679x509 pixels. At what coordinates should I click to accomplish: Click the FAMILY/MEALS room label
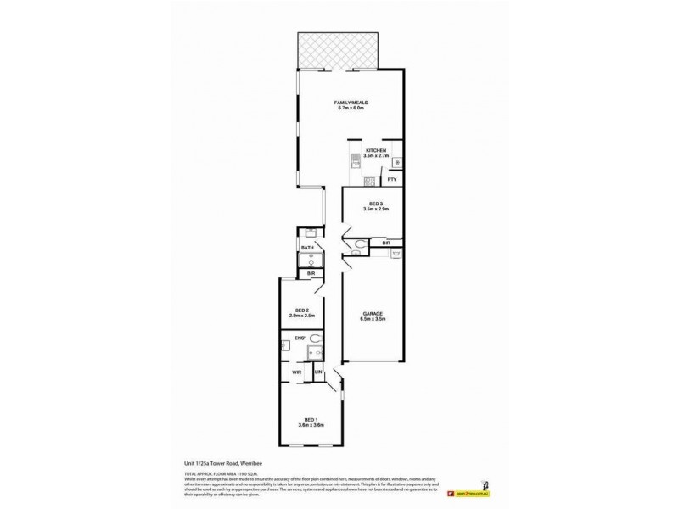pos(351,103)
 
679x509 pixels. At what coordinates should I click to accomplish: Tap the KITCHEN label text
pos(375,150)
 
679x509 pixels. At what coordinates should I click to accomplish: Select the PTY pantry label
pos(391,180)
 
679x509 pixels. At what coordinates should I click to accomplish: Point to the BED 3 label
pos(375,204)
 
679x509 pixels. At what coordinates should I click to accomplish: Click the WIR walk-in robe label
pos(297,372)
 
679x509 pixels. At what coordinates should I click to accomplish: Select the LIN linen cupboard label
pos(319,372)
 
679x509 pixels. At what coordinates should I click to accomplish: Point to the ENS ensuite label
pos(300,338)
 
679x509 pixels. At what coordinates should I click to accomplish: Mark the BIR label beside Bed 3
pos(386,243)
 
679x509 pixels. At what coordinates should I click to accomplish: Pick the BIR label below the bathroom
pos(311,274)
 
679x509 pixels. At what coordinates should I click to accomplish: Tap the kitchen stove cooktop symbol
pos(371,182)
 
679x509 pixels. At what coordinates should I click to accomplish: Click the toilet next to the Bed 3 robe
pos(360,247)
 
